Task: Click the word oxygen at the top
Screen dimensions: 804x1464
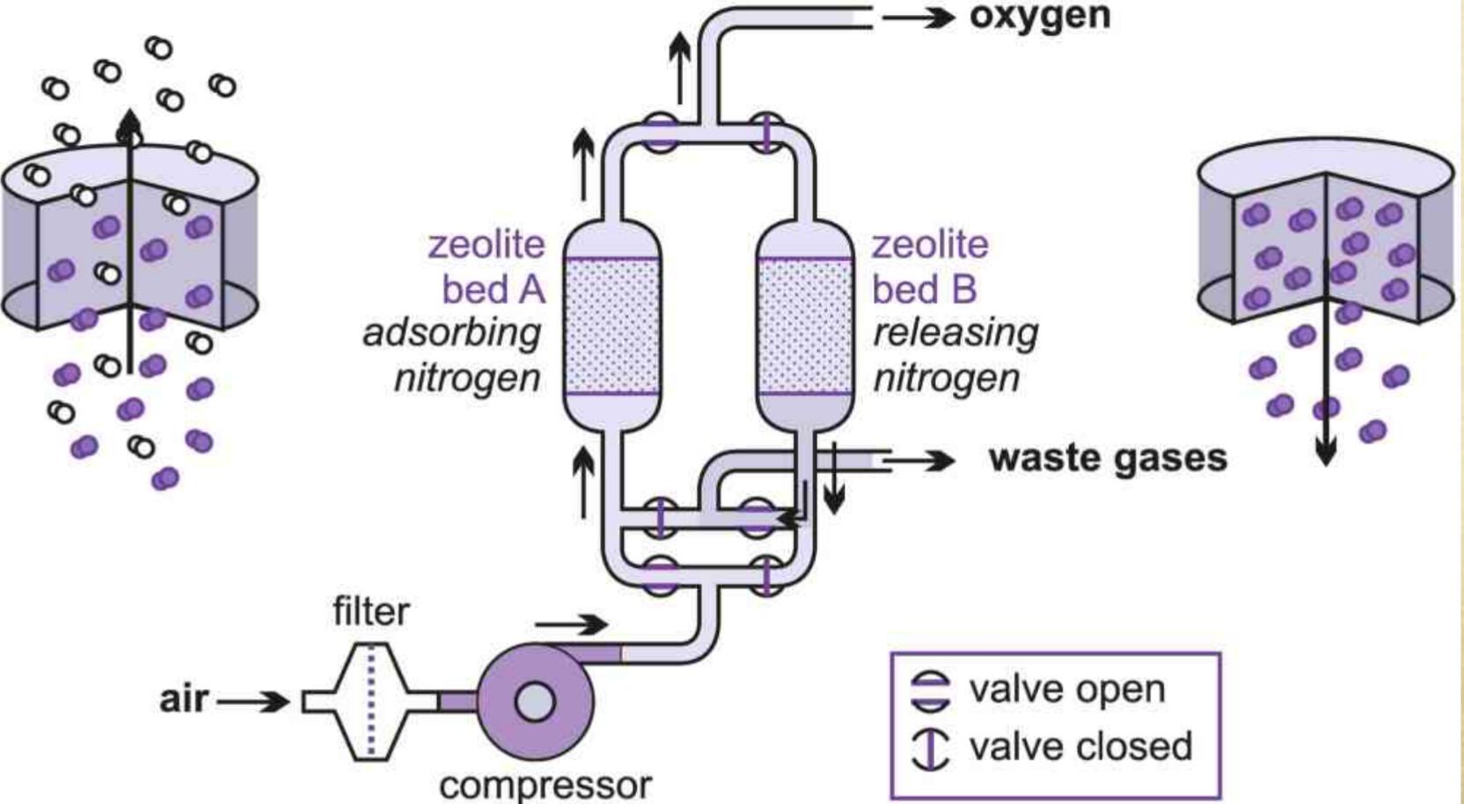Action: tap(1039, 16)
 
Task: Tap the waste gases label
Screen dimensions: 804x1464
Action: tap(1107, 458)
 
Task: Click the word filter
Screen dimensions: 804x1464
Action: tap(370, 611)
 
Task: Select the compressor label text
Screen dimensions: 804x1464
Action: tap(545, 785)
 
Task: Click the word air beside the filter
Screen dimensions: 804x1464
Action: tap(184, 699)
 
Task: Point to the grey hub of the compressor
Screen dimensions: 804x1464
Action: tap(534, 702)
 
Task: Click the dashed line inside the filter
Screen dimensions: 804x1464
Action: tap(370, 701)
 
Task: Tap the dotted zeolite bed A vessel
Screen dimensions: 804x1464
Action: tap(611, 325)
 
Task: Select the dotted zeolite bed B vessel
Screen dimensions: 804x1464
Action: tap(805, 325)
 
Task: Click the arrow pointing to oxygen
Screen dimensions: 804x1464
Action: tap(919, 17)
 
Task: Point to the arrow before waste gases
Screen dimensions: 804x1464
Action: tap(920, 459)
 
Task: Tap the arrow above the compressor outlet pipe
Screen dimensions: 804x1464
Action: tap(571, 625)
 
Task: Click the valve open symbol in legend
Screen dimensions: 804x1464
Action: tap(931, 691)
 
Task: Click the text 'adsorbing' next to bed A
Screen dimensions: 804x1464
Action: tap(451, 333)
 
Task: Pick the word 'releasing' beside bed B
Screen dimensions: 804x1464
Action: tap(955, 333)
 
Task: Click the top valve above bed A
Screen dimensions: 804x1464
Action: tap(660, 135)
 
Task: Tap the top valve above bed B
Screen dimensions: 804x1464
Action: tap(766, 135)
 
